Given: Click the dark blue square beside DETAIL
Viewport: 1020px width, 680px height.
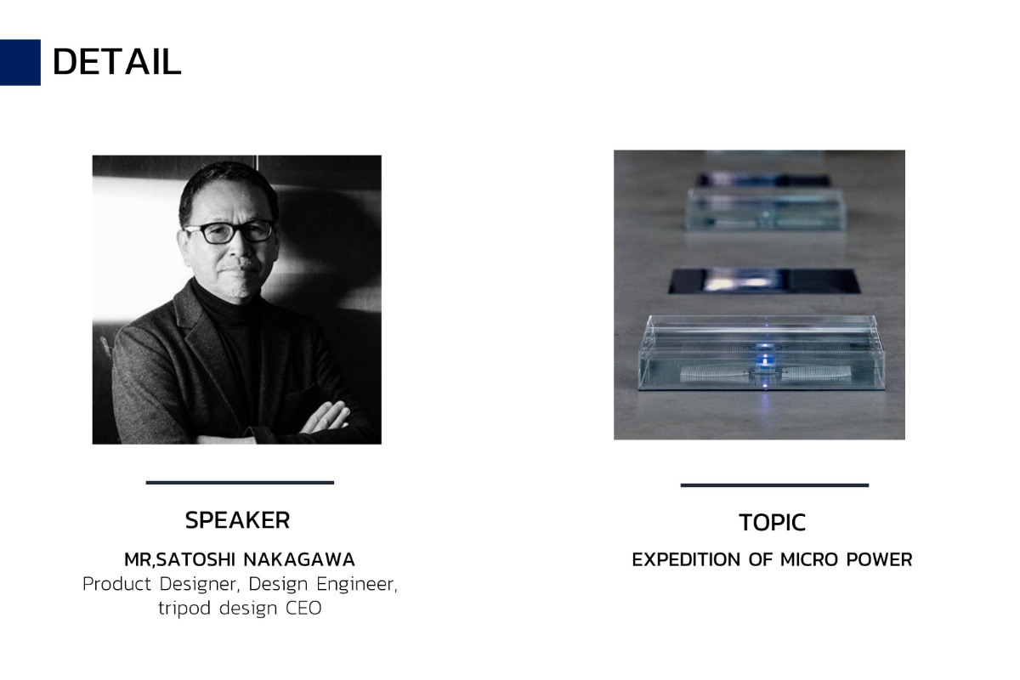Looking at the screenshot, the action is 20,62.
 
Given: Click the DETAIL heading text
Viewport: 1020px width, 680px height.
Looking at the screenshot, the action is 117,62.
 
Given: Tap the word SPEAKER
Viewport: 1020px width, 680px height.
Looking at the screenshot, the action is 237,520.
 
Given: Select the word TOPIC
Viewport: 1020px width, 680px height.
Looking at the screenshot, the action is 773,523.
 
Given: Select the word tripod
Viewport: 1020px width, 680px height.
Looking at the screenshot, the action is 184,609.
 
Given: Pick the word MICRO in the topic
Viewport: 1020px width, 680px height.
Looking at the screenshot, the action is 809,560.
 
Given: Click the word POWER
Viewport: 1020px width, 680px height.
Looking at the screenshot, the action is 879,560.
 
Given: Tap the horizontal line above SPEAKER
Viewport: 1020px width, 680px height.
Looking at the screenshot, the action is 240,482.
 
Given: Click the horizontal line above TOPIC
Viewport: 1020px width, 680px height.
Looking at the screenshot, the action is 774,485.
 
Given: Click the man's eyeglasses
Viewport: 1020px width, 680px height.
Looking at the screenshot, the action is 230,232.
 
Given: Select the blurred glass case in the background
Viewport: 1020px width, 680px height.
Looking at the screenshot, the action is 765,210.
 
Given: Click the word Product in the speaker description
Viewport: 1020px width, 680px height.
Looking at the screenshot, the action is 116,584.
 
